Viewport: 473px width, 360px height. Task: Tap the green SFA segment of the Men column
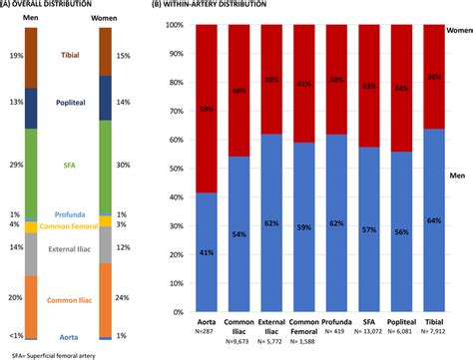point(29,161)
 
